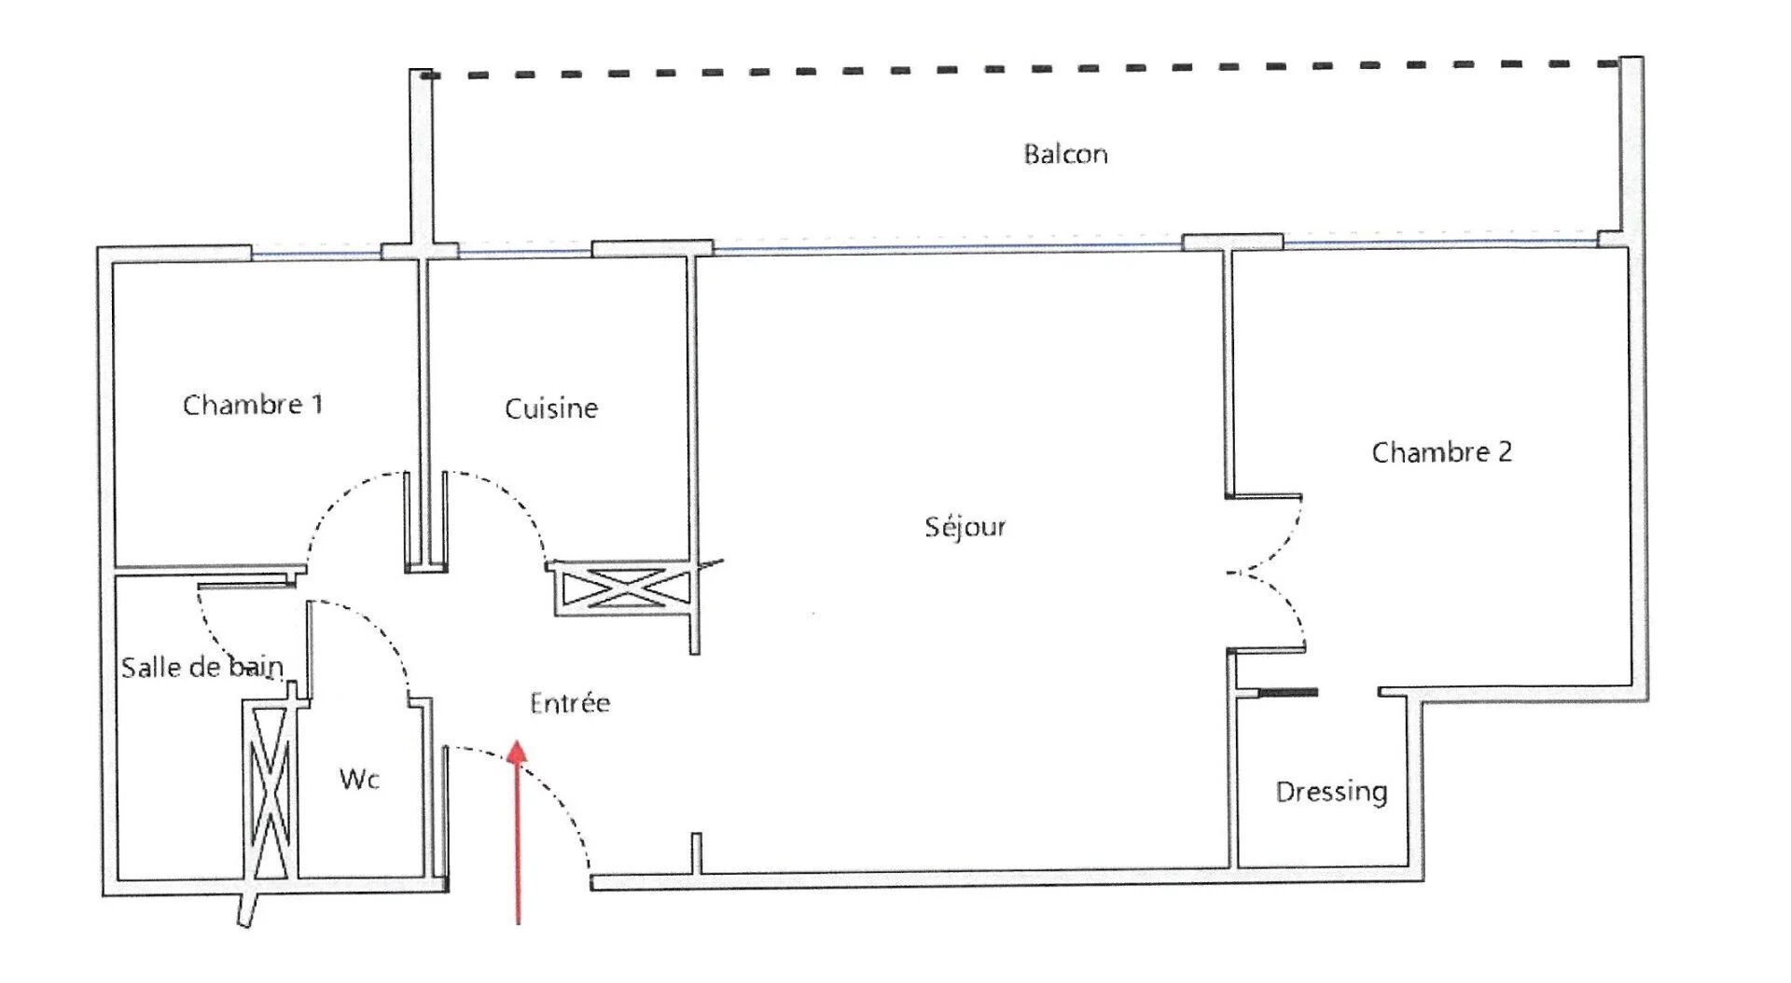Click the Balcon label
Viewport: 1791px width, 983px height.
[1065, 154]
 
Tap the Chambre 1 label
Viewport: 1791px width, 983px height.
[252, 405]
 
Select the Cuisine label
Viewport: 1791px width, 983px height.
[550, 408]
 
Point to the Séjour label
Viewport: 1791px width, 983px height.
[965, 527]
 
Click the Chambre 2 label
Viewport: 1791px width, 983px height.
[1441, 452]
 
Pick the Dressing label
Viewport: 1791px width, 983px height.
[1331, 792]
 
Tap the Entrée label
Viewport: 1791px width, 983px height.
[570, 702]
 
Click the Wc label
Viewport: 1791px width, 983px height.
[359, 779]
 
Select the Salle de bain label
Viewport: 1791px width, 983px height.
[202, 667]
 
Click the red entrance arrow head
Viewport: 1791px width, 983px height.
[518, 752]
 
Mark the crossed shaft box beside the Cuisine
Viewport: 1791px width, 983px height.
[622, 588]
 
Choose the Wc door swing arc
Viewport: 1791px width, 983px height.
[378, 630]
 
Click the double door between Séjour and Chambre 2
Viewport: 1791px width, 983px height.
[1278, 572]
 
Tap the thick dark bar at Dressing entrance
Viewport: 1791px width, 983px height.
[1287, 692]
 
